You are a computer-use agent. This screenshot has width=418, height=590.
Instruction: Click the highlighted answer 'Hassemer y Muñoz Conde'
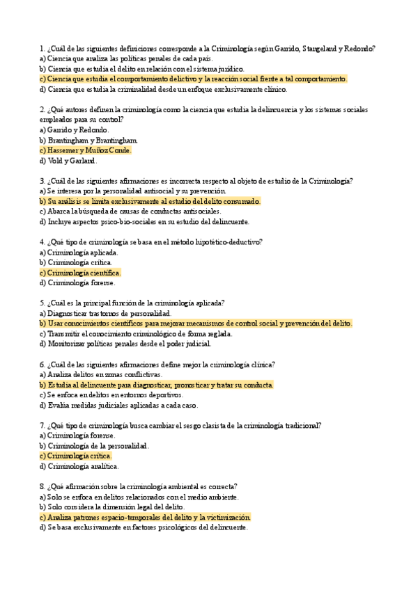(x=85, y=150)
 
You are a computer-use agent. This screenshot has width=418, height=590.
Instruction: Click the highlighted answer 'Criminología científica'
(x=80, y=273)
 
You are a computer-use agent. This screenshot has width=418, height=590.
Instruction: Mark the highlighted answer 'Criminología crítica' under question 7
(x=76, y=456)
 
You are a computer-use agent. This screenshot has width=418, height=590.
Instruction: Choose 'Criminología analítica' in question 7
(x=79, y=466)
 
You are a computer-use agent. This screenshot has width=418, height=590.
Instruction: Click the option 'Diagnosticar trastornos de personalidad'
(x=105, y=314)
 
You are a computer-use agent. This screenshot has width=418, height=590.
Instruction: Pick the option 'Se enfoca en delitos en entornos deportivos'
(x=111, y=395)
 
